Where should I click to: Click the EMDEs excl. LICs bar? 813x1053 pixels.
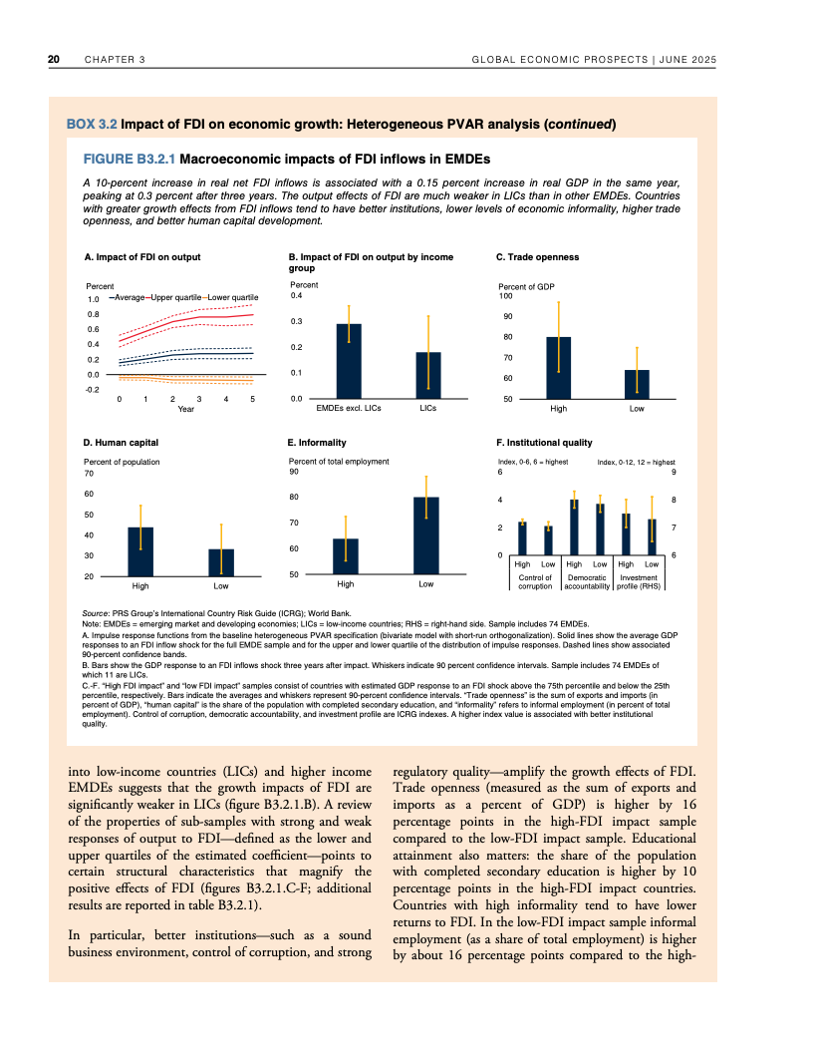click(x=349, y=361)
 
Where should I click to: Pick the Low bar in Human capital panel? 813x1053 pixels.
click(x=220, y=562)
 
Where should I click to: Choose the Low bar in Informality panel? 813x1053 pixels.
click(x=426, y=535)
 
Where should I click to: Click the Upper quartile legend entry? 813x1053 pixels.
click(x=174, y=297)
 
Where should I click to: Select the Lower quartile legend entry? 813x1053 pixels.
click(x=232, y=297)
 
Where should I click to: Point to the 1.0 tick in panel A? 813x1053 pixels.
click(x=93, y=298)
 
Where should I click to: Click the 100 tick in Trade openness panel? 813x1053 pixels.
click(x=505, y=296)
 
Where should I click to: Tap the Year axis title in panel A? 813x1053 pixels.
click(x=185, y=409)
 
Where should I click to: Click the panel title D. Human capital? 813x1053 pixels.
click(x=121, y=442)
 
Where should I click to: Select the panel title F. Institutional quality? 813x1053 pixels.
click(x=544, y=442)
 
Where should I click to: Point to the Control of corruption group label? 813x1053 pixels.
click(x=535, y=582)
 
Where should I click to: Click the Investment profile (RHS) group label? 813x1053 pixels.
click(x=639, y=582)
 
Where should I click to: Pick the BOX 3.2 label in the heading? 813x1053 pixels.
click(x=92, y=125)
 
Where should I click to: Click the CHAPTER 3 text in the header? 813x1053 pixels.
click(x=115, y=60)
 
